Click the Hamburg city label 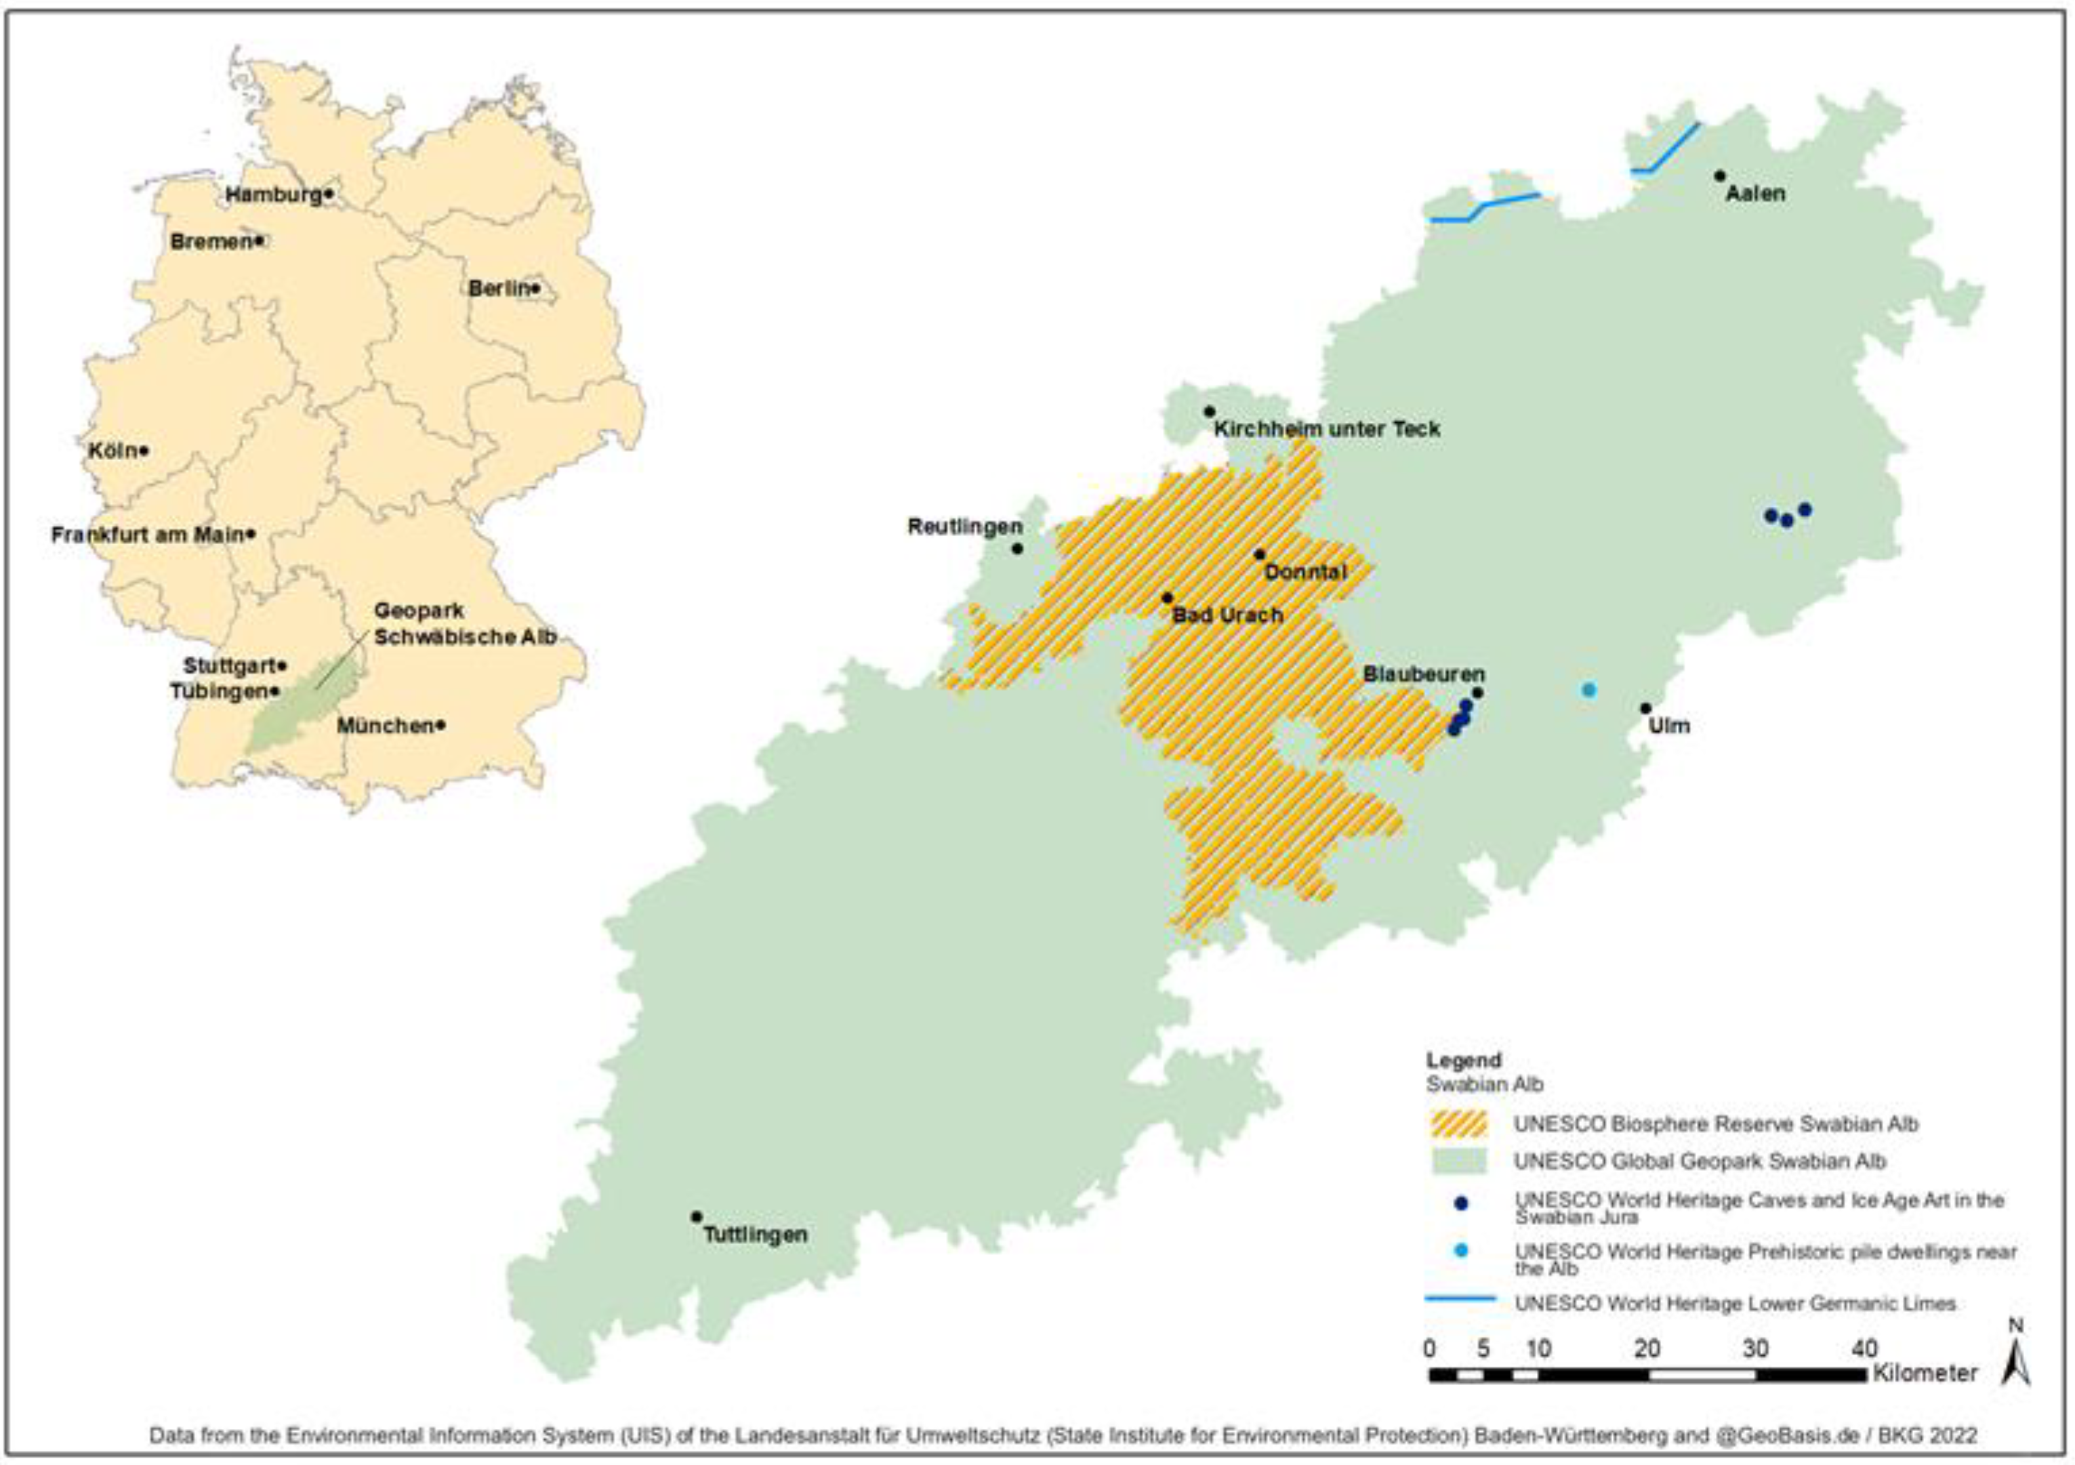click(x=273, y=194)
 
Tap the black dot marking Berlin click(x=535, y=288)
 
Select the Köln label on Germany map click(x=112, y=450)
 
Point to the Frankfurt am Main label click(x=146, y=535)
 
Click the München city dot click(x=440, y=725)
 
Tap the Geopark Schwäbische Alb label click(x=464, y=623)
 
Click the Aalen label click(x=1755, y=193)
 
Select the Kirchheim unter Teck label click(x=1326, y=430)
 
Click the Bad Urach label click(x=1227, y=615)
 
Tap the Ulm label click(x=1668, y=726)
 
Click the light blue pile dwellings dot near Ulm click(x=1589, y=690)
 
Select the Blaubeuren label click(x=1423, y=674)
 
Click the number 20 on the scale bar click(x=1647, y=1348)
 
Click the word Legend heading click(x=1463, y=1060)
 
